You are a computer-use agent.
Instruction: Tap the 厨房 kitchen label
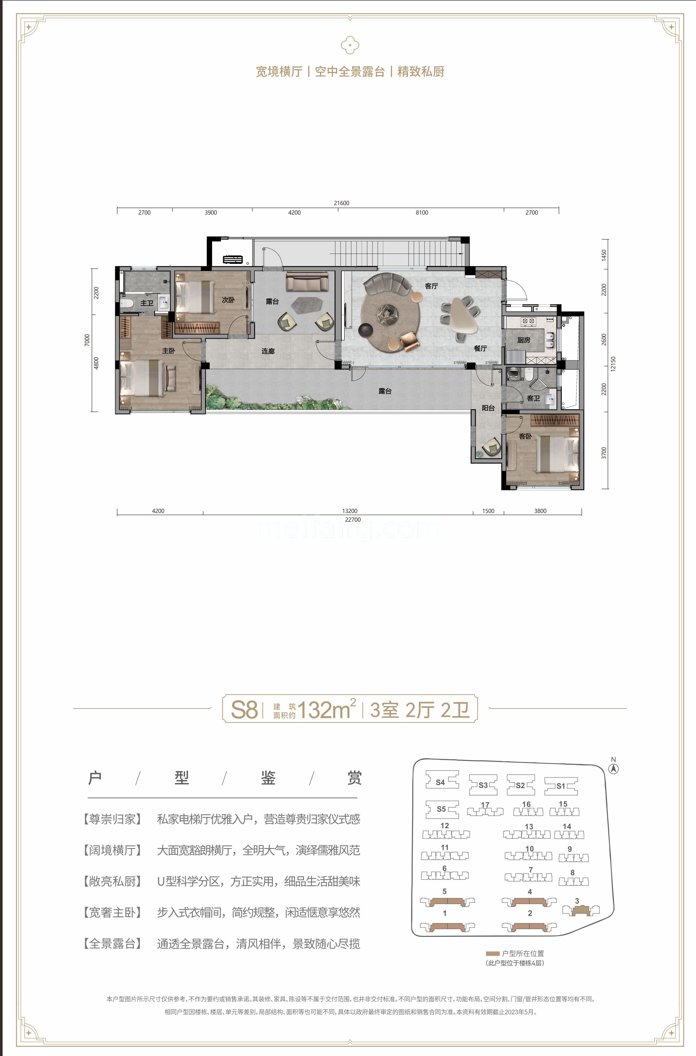(x=523, y=340)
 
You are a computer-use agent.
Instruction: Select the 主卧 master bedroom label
(x=168, y=351)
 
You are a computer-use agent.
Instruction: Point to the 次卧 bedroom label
(x=228, y=300)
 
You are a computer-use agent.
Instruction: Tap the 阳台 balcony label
(x=488, y=408)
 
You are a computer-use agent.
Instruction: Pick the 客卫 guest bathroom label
(x=533, y=398)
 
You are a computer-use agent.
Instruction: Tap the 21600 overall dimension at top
(x=341, y=203)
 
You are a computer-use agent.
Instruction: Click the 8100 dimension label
(x=422, y=213)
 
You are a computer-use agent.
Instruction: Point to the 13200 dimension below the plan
(x=349, y=511)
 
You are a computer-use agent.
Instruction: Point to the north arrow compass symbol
(x=613, y=768)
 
